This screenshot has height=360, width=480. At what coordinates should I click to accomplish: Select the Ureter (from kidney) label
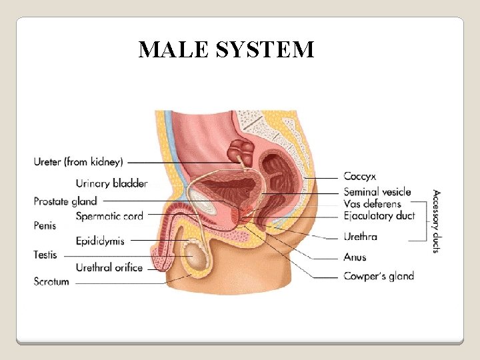[79, 161]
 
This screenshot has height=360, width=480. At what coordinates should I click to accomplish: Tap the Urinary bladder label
[111, 183]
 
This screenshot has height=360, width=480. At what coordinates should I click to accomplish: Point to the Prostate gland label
[65, 201]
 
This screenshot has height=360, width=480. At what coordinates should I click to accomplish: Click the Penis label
[45, 226]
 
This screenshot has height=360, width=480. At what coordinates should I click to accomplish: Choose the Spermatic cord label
[109, 215]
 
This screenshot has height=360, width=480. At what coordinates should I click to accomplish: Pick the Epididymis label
[100, 241]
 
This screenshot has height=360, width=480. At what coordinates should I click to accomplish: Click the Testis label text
[45, 255]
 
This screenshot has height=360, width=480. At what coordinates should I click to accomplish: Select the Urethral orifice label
[109, 267]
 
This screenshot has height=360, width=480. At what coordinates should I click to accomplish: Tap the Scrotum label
[51, 281]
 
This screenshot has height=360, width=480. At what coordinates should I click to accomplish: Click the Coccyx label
[360, 177]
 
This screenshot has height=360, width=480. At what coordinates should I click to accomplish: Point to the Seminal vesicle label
[377, 192]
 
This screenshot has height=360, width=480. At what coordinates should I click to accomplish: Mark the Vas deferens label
[373, 203]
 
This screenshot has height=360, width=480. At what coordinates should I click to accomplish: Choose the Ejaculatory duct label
[379, 215]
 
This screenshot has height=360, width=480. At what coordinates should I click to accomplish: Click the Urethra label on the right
[361, 237]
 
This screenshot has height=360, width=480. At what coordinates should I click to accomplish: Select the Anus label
[355, 257]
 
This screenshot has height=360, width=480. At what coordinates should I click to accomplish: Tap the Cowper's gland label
[379, 275]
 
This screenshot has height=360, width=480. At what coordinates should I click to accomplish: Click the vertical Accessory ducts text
[436, 221]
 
